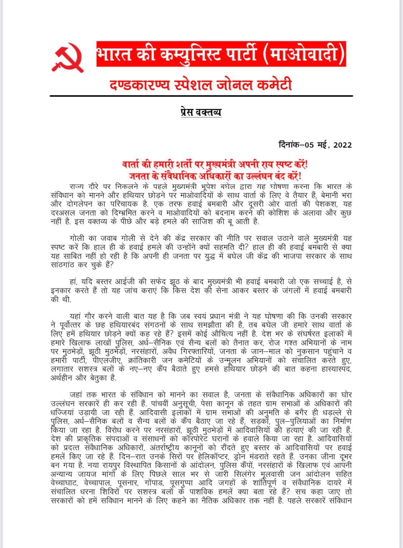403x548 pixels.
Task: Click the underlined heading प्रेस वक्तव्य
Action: (x=201, y=112)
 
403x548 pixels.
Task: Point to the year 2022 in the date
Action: (x=342, y=145)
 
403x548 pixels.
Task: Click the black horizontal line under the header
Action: (x=201, y=96)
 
